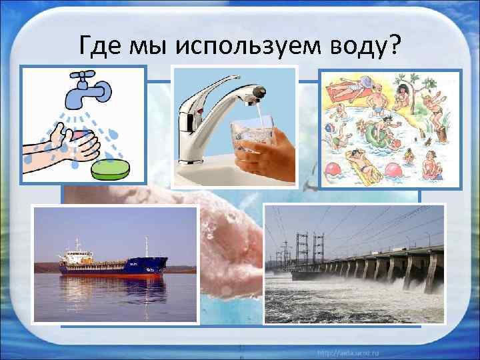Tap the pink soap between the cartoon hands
tap(82, 136)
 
